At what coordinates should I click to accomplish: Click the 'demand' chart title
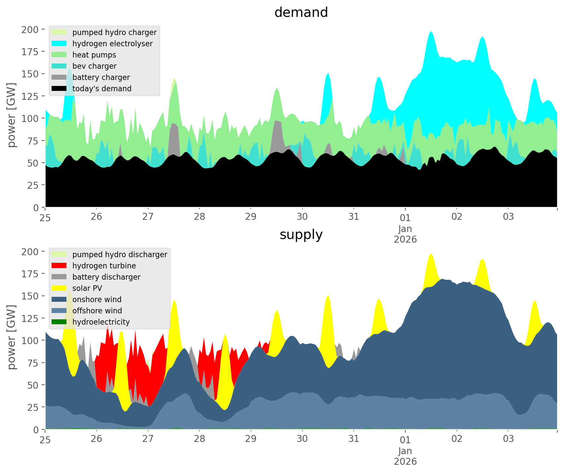click(x=301, y=13)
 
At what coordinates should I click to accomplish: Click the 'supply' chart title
click(x=301, y=235)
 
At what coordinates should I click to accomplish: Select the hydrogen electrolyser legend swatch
click(x=59, y=44)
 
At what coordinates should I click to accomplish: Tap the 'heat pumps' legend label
click(x=94, y=55)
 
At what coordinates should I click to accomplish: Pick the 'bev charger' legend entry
click(x=94, y=66)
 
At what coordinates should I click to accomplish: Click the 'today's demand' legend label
click(x=102, y=89)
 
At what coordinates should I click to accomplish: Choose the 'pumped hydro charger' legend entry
click(x=114, y=32)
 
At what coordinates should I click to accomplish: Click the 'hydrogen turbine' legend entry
click(x=104, y=266)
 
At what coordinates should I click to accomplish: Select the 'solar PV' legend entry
click(x=87, y=288)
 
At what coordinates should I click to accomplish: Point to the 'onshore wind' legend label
click(x=97, y=299)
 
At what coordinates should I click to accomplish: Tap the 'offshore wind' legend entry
click(x=97, y=311)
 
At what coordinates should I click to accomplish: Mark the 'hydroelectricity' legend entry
click(x=101, y=322)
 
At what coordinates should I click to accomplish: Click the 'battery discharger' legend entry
click(x=106, y=277)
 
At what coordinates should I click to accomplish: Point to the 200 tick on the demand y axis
click(x=30, y=30)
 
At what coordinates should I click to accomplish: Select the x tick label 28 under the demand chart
click(x=199, y=217)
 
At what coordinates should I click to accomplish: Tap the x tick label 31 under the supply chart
click(x=354, y=439)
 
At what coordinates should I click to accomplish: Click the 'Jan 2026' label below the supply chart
click(x=405, y=456)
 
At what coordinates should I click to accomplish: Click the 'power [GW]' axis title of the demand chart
click(x=12, y=115)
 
